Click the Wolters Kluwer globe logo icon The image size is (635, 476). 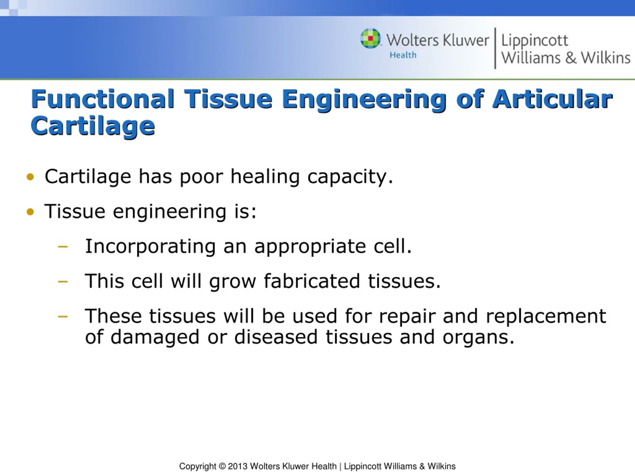[x=371, y=38]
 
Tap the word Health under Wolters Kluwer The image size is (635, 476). [x=403, y=55]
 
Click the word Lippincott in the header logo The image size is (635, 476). [x=535, y=40]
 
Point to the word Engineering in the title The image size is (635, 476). [x=364, y=100]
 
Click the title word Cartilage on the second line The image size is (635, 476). [x=93, y=126]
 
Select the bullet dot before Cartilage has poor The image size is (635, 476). [x=30, y=177]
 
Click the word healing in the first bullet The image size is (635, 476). [x=265, y=177]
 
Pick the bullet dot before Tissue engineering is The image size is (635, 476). [x=30, y=212]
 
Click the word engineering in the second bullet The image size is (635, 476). [x=170, y=212]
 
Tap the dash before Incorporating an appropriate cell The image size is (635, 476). [x=63, y=246]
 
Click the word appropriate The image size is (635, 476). [x=310, y=247]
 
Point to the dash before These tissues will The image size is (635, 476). [x=63, y=316]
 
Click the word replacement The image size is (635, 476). [x=546, y=316]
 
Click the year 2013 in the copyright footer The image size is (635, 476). [x=238, y=466]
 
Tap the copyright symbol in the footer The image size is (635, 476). [x=222, y=466]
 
